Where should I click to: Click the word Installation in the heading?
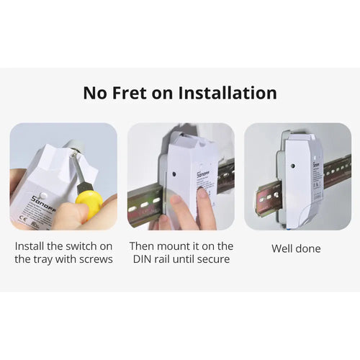pos(228,93)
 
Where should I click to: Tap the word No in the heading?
pos(95,93)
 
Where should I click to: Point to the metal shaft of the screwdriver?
pos(77,171)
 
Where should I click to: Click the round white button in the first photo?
pos(43,195)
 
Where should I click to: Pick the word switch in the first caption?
pos(78,246)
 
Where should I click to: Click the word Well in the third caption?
pos(282,248)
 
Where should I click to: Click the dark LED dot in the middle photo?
pos(174,174)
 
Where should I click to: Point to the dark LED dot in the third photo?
pos(293,166)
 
